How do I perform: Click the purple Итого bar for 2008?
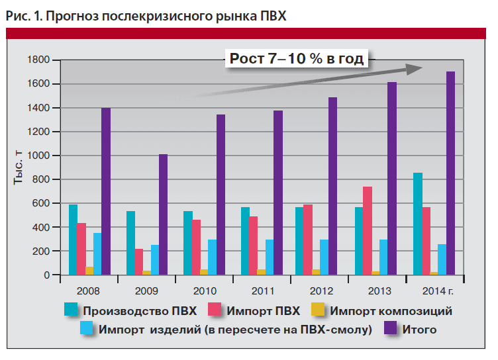105,191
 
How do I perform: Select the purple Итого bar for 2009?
162,214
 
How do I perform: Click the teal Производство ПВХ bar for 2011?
245,241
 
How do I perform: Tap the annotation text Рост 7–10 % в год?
297,59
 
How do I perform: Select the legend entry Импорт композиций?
391,310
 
